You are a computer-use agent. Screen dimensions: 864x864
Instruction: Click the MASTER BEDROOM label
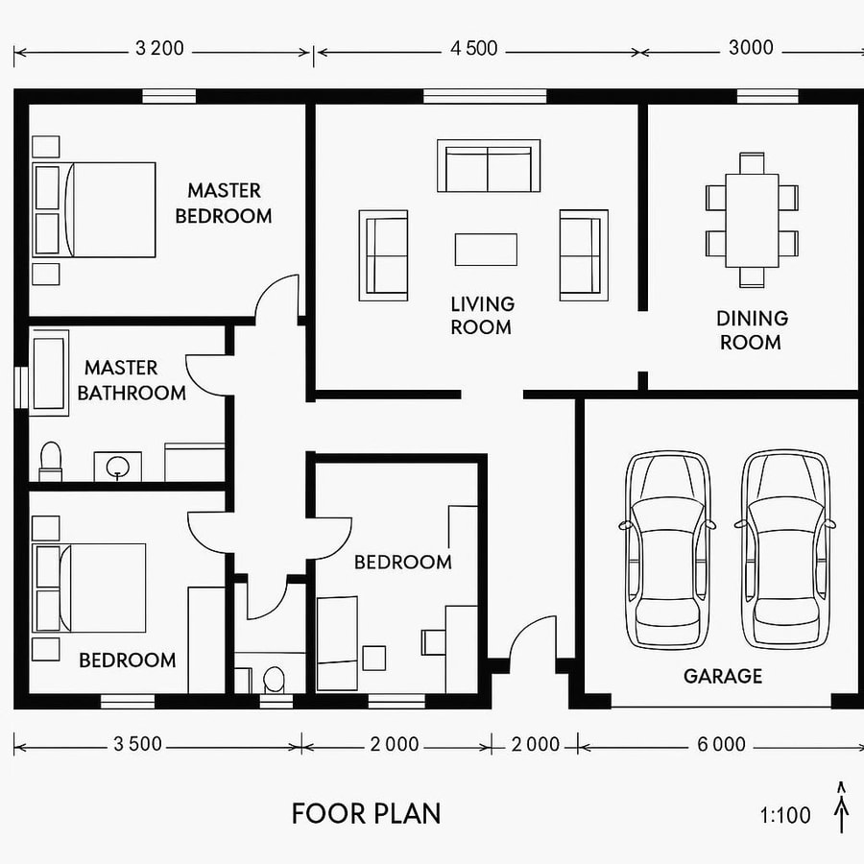click(x=223, y=204)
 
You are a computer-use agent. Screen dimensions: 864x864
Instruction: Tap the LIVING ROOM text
click(x=482, y=315)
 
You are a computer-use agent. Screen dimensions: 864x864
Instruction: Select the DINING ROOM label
click(x=752, y=329)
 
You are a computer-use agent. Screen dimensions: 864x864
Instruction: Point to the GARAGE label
click(x=722, y=676)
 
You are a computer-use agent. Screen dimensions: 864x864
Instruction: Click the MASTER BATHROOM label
click(x=132, y=380)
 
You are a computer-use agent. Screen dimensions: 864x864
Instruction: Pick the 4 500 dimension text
click(x=474, y=48)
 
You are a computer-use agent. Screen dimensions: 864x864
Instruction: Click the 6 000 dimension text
click(x=722, y=744)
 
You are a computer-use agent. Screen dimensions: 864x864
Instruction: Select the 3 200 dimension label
click(x=159, y=48)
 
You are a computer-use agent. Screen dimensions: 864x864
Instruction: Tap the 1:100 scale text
click(x=785, y=816)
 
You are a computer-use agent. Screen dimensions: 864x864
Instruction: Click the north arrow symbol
click(x=842, y=806)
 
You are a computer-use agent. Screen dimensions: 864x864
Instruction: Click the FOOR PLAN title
click(x=367, y=814)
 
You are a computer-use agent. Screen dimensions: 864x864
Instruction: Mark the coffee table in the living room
click(x=486, y=250)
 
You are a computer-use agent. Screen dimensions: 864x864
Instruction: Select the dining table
click(x=752, y=221)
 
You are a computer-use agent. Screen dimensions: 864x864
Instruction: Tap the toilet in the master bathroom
click(x=50, y=460)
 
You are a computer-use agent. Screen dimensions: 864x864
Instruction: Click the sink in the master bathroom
click(x=118, y=467)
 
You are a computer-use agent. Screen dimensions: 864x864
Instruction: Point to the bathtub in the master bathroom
click(x=49, y=372)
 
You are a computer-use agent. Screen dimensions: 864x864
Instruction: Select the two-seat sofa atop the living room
click(x=488, y=167)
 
